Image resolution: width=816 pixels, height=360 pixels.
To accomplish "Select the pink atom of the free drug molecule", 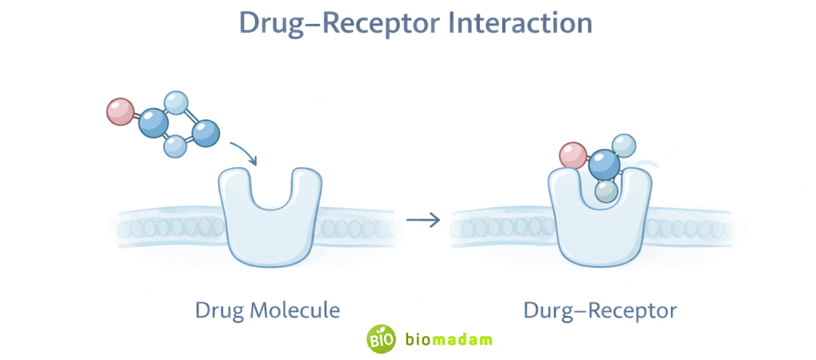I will point(120,112).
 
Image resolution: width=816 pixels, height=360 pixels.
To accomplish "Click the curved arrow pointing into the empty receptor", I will point(244,153).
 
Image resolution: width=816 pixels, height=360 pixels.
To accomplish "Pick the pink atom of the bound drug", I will point(572,155).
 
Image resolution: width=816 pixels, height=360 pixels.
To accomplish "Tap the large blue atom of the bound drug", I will point(605,166).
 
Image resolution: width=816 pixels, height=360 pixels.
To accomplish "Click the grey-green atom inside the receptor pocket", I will point(607,191).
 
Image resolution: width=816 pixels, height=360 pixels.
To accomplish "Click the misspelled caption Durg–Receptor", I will point(600,309).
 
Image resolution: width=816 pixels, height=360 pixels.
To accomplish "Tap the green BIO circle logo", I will point(381,338).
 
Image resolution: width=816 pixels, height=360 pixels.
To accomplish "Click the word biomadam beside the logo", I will point(449,339).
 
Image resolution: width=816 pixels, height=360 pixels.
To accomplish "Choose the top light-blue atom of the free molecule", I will point(176,103).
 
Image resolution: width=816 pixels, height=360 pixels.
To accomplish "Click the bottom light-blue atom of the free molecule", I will point(175,146).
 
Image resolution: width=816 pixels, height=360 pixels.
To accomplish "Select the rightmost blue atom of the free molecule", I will point(206,132).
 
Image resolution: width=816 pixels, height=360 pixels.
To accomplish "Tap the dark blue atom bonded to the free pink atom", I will point(153,123).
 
